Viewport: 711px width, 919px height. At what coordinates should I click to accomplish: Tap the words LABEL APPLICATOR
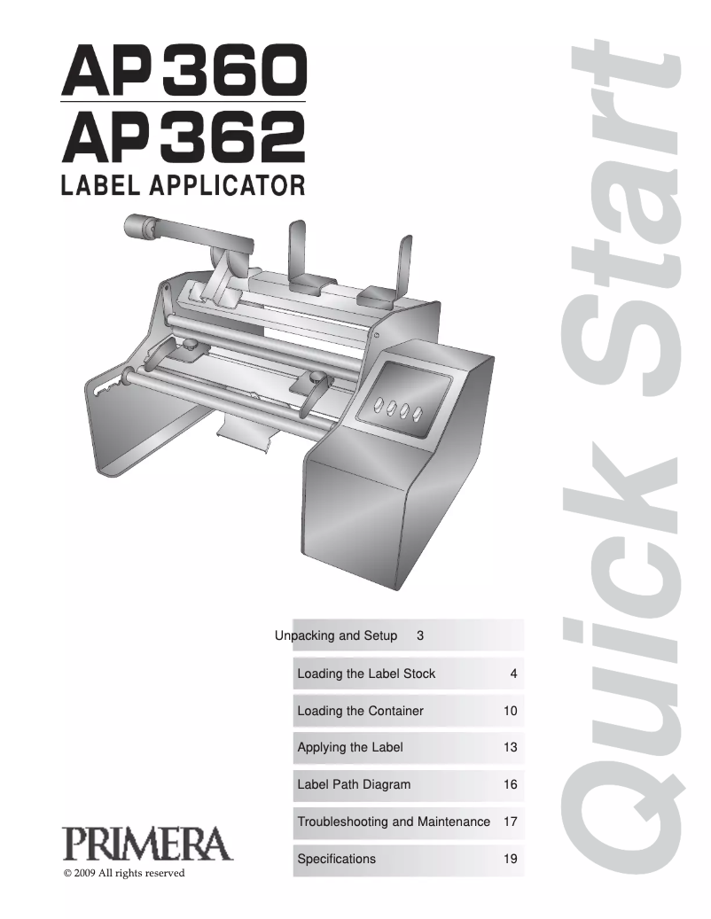click(x=183, y=185)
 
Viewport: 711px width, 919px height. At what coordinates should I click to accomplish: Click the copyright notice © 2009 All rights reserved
click(x=124, y=874)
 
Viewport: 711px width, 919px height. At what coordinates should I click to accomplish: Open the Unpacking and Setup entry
click(x=336, y=635)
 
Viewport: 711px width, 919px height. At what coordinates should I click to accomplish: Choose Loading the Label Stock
click(x=366, y=674)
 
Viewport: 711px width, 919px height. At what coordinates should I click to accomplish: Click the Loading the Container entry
click(x=360, y=711)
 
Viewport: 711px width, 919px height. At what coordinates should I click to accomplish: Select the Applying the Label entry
click(x=350, y=747)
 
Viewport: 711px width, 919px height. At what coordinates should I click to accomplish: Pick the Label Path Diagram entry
click(x=354, y=784)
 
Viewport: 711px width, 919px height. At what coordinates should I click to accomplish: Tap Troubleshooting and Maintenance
click(x=394, y=822)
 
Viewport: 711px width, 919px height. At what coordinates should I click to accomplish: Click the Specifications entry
click(x=336, y=859)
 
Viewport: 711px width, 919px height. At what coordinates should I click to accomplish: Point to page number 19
click(x=510, y=859)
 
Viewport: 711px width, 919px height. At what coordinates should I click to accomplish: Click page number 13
click(x=510, y=747)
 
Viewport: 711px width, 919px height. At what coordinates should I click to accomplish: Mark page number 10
click(x=510, y=711)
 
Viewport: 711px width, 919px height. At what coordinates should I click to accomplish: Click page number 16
click(x=510, y=784)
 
